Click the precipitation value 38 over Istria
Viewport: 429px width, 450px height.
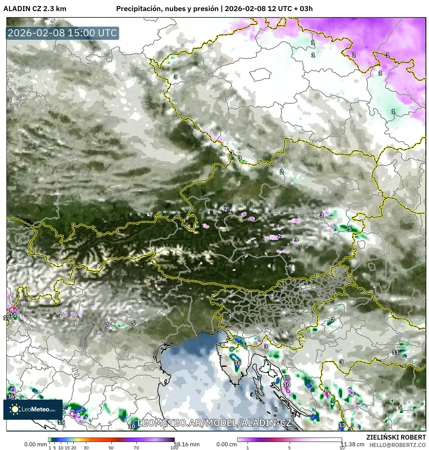tap(238, 363)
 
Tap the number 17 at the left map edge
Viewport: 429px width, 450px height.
tap(6, 318)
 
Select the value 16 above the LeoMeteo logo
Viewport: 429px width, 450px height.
tap(11, 397)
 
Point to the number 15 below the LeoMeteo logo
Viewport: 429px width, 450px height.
tap(61, 422)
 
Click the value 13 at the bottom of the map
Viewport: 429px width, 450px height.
tap(342, 425)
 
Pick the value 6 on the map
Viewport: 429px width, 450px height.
tap(326, 391)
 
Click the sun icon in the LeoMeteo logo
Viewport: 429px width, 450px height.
tap(15, 409)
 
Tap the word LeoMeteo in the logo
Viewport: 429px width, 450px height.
tap(35, 409)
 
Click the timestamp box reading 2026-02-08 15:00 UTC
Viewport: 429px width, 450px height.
tap(62, 33)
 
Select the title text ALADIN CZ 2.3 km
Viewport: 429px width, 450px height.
tap(35, 9)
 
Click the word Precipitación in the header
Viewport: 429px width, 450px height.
tap(138, 9)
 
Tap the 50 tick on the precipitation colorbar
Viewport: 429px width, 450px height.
tap(111, 447)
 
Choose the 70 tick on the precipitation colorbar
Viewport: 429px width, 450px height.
tap(136, 447)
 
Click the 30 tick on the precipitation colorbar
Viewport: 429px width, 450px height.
tap(86, 447)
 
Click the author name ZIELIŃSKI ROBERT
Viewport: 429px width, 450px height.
tap(396, 437)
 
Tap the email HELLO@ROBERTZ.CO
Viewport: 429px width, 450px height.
tap(397, 445)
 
